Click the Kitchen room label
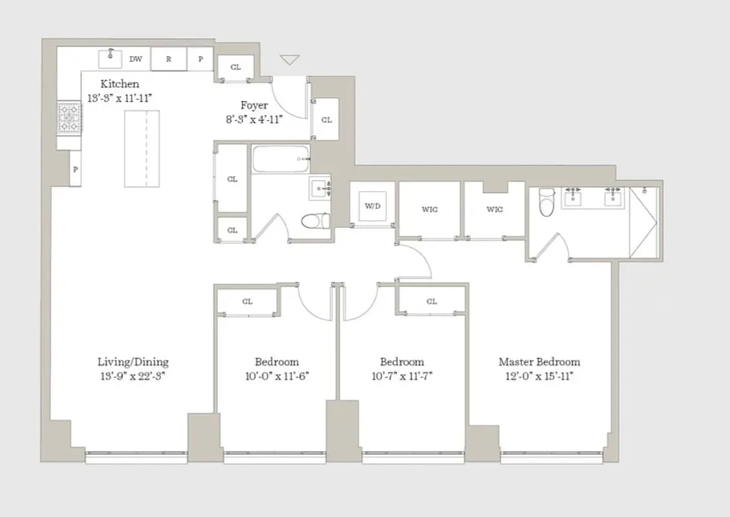[119, 84]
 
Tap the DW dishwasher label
[135, 59]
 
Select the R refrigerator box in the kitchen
[169, 59]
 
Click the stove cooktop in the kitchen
[69, 118]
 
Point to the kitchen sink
[110, 58]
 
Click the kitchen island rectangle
[142, 149]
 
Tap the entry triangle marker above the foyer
[290, 60]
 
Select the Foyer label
[254, 105]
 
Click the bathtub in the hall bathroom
[280, 159]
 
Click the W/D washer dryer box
[372, 207]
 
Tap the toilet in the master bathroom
[546, 202]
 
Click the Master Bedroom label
[539, 362]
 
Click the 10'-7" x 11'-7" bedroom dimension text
[402, 376]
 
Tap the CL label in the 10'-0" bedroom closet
[247, 302]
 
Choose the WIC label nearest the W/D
[430, 209]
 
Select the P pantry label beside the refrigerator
[200, 59]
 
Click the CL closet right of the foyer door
[327, 120]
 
